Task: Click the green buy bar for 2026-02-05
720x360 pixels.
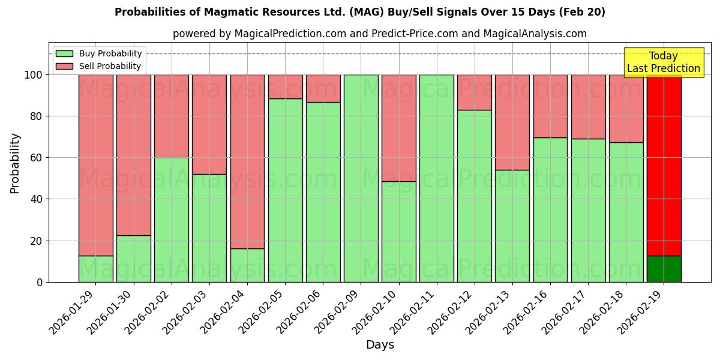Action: (285, 190)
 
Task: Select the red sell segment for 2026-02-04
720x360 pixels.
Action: (247, 161)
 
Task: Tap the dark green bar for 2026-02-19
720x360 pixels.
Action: (664, 269)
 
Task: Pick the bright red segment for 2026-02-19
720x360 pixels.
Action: (664, 165)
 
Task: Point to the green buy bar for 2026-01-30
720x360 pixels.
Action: (133, 259)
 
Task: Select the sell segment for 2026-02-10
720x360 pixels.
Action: (398, 128)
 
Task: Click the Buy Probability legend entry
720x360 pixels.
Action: (98, 53)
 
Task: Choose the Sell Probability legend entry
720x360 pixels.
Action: (98, 66)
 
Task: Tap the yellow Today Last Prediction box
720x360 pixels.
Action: (663, 62)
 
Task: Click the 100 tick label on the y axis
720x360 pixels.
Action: (33, 75)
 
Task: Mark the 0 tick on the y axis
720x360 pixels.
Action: (40, 282)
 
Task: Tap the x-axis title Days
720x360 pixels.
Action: (380, 345)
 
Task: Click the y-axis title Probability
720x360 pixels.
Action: (15, 163)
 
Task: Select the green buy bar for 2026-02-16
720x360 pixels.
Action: (550, 210)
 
